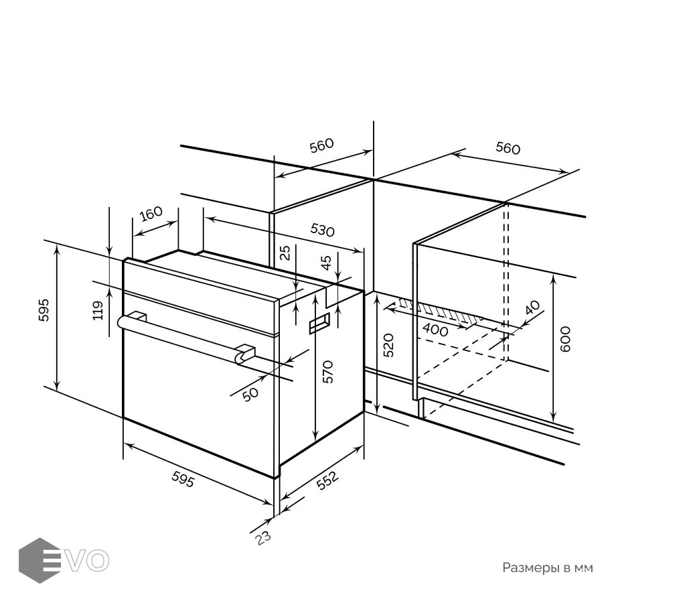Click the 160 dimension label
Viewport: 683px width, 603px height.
pos(151,214)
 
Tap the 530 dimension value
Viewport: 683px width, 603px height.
pos(322,230)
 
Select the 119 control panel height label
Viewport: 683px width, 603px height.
pos(98,310)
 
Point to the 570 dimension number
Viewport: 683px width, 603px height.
pos(328,372)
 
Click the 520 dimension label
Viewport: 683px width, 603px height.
pos(388,345)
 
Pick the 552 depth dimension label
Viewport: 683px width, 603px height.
pos(327,480)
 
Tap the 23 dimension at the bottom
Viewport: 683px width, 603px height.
pos(262,537)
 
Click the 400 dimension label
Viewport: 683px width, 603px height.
pos(435,330)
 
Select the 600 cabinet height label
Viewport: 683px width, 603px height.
pos(564,339)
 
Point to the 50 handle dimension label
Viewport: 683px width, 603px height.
pos(250,395)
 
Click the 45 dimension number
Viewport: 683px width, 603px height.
pos(326,262)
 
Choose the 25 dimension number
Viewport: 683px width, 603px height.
pos(285,253)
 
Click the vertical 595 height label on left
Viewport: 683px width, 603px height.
pos(44,310)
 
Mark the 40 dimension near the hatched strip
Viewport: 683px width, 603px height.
pos(532,307)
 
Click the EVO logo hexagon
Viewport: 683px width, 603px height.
pos(40,560)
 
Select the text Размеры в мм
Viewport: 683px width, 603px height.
pos(548,568)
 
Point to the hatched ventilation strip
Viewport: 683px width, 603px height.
pos(440,312)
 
